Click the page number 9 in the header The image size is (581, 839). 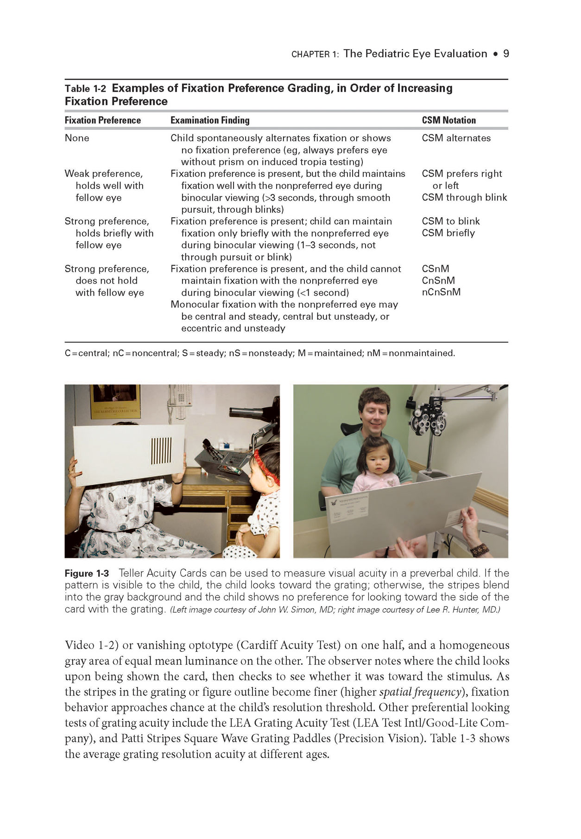506,54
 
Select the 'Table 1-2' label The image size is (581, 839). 85,88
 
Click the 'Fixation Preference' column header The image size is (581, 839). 102,120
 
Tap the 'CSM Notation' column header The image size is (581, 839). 448,120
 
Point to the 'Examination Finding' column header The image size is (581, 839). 210,120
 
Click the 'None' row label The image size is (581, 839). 77,138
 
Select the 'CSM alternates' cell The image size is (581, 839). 456,138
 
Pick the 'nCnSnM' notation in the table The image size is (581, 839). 441,292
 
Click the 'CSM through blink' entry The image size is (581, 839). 464,197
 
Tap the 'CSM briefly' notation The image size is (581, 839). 448,233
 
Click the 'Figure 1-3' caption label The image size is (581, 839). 87,574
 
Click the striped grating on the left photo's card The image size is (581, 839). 161,451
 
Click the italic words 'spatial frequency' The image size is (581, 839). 420,692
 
